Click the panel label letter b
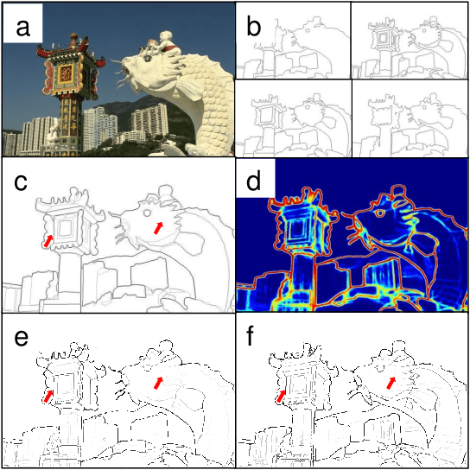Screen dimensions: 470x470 tap(254, 27)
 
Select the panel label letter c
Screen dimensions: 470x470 tap(21, 182)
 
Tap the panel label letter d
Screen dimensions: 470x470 tap(254, 181)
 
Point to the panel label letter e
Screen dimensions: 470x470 tap(21, 338)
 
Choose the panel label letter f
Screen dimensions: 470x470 tap(253, 336)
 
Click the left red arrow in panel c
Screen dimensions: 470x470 tap(48, 241)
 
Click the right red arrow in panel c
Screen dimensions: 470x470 tap(159, 228)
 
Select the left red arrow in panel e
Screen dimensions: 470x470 tap(48, 397)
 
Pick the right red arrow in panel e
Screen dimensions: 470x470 tap(159, 383)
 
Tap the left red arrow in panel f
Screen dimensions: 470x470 tap(281, 397)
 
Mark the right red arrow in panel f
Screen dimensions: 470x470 tap(391, 383)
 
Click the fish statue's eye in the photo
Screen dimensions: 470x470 tap(147, 59)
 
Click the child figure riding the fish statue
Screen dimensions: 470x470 tap(167, 41)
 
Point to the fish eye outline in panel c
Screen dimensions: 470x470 tap(147, 213)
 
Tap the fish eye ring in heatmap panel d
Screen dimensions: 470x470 tap(380, 213)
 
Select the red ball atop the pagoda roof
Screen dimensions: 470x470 tap(73, 37)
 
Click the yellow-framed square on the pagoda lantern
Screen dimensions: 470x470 tap(66, 74)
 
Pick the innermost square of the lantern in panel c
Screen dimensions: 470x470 tap(64, 228)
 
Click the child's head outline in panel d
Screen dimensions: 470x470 tap(399, 191)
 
